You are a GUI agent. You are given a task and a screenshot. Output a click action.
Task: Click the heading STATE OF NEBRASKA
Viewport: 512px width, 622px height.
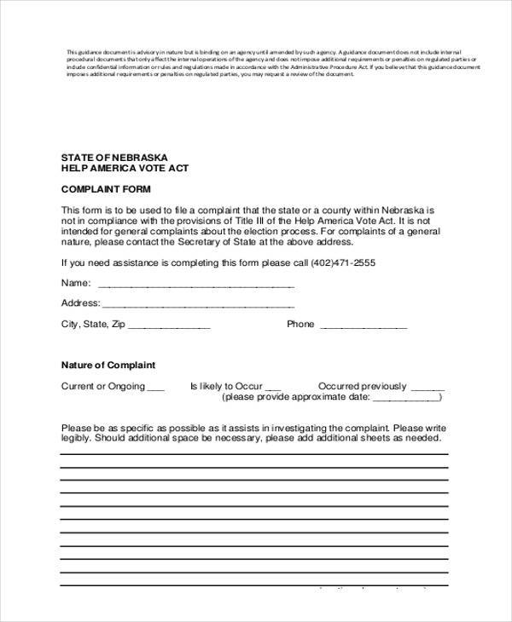114,158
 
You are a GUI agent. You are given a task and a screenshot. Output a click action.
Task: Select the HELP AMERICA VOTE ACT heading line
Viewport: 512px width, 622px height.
125,169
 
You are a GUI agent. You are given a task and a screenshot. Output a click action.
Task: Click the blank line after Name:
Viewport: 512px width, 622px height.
196,284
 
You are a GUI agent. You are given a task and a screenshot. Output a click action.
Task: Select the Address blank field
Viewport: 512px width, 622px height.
198,304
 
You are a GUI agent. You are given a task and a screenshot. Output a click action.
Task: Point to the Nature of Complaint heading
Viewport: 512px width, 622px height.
108,365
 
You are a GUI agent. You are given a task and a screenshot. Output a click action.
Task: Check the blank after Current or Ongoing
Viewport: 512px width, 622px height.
155,387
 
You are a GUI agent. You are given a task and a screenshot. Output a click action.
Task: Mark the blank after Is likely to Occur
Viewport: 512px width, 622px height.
273,387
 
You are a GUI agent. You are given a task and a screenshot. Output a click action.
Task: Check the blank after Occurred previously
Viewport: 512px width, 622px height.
428,387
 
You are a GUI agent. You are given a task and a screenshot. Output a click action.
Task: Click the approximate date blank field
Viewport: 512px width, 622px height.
407,398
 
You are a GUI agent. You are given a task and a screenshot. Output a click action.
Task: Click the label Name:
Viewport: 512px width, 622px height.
76,283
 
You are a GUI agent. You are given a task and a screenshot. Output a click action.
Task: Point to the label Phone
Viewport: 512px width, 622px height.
300,325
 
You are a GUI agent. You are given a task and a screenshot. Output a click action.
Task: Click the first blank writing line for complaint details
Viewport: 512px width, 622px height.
253,454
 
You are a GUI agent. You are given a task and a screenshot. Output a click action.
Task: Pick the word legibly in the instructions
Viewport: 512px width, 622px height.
77,438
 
